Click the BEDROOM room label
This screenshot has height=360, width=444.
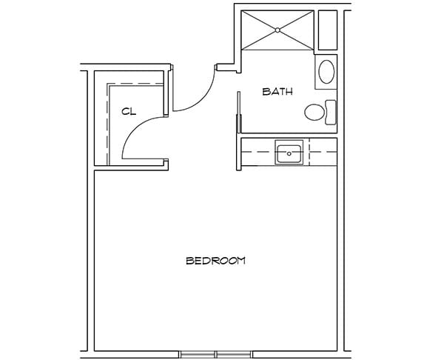coord(215,261)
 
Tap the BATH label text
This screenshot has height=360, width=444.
coord(278,93)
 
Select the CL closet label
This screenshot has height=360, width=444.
coord(129,111)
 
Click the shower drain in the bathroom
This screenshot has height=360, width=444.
coord(277,30)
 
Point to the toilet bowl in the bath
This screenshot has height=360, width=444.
coord(315,113)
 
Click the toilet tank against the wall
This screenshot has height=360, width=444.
coord(331,112)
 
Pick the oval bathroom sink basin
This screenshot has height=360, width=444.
coord(326,72)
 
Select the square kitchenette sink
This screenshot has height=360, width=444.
coord(288,153)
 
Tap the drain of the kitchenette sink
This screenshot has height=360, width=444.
coord(288,155)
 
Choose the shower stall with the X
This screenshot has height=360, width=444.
coord(277,30)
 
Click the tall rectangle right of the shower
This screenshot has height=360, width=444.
coord(327,30)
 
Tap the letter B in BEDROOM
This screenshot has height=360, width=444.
coord(189,261)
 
